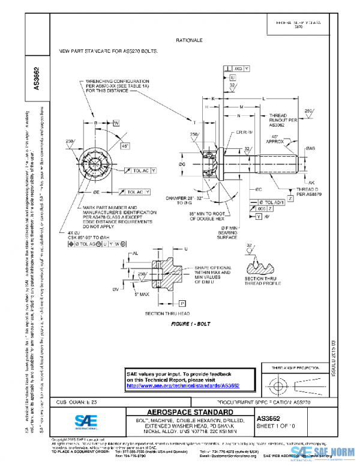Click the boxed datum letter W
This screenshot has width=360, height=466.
point(116,123)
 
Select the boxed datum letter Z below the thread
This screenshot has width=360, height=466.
point(290,198)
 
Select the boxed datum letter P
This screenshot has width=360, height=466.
point(182,304)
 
